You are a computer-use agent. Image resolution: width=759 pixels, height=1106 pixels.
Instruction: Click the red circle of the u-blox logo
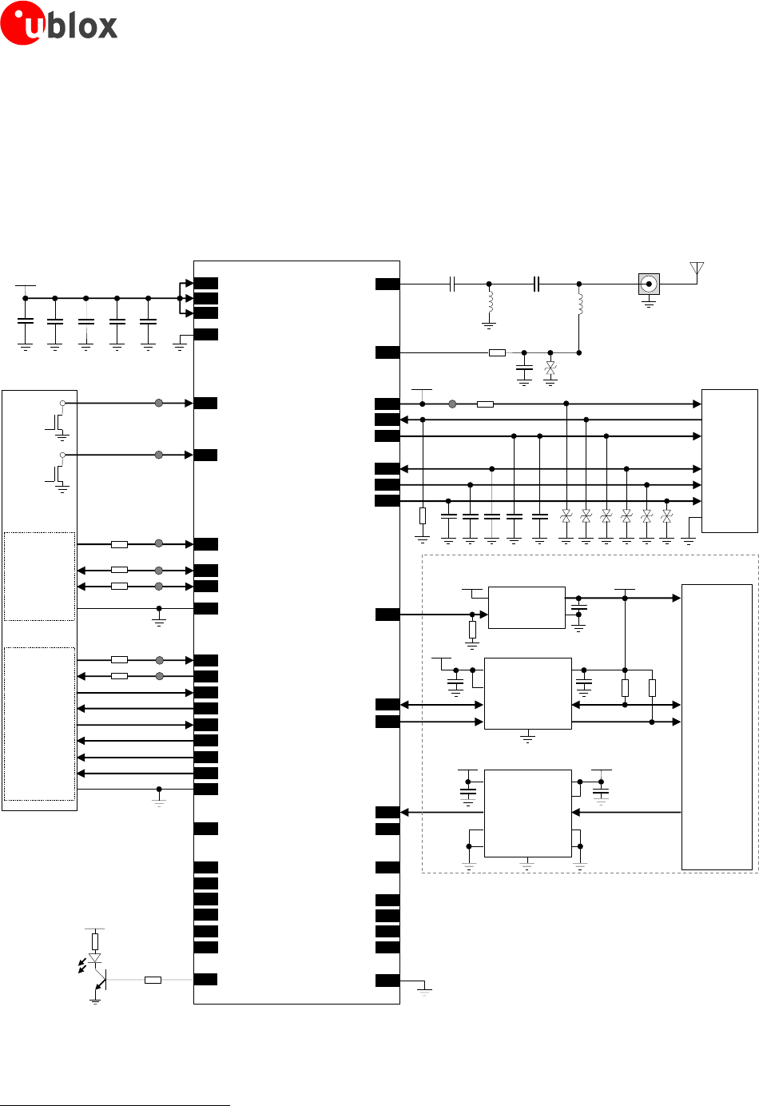(22, 23)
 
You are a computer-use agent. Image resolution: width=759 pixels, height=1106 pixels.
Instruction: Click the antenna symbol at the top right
(697, 269)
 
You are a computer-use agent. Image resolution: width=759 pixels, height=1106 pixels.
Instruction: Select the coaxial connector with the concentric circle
(649, 284)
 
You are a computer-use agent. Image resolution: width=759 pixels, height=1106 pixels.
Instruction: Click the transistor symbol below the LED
(100, 979)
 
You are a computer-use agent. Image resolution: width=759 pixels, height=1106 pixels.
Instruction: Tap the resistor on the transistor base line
(153, 980)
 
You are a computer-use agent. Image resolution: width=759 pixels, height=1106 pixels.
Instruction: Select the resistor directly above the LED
(95, 941)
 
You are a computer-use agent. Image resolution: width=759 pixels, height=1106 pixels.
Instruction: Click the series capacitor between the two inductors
(537, 284)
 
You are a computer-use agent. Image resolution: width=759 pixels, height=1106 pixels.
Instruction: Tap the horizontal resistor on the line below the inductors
(497, 352)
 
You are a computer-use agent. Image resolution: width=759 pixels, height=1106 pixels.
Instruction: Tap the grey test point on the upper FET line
(159, 404)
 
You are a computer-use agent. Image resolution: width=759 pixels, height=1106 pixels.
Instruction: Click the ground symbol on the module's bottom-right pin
(424, 991)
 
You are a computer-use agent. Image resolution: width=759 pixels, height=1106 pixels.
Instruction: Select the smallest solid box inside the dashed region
(527, 607)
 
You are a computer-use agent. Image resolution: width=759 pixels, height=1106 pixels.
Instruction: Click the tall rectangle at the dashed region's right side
(717, 726)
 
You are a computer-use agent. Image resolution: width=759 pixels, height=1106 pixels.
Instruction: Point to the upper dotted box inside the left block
(40, 575)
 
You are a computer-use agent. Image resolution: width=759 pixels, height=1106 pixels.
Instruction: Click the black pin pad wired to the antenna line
(387, 284)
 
